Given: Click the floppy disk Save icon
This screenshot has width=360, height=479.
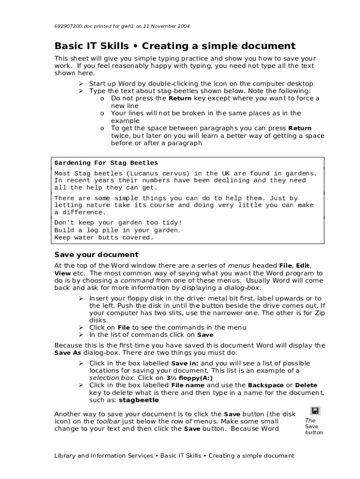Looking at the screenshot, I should [x=316, y=411].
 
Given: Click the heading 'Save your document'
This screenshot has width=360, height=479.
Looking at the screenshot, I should [x=96, y=255].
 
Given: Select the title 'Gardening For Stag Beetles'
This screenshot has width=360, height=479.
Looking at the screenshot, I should [x=106, y=163].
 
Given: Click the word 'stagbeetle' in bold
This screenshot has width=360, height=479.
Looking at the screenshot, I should [x=139, y=400].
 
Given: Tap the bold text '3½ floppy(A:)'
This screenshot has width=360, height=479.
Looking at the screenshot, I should [x=189, y=378].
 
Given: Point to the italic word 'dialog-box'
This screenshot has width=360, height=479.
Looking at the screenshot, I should [x=242, y=288].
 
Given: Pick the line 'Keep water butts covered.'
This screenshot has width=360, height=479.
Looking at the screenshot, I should [x=104, y=238].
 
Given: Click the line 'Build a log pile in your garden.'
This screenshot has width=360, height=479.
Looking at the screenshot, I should [x=117, y=230].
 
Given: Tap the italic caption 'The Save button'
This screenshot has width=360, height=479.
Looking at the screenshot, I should [x=313, y=426].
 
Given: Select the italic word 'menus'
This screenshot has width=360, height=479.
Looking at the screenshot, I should [x=238, y=266].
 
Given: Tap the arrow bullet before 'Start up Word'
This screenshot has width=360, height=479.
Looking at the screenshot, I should [x=80, y=84].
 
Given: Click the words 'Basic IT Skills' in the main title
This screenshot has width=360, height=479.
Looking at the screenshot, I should [x=91, y=46].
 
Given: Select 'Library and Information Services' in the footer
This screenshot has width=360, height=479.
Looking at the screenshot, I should [x=103, y=456].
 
